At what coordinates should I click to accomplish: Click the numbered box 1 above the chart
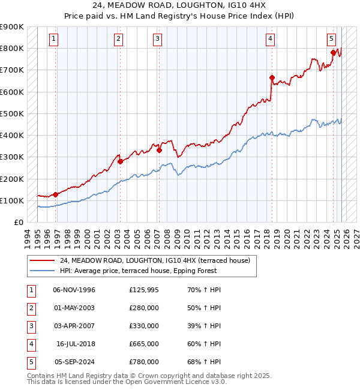[53, 39]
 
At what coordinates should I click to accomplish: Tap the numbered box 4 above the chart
[271, 39]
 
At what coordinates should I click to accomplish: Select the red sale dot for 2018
[272, 77]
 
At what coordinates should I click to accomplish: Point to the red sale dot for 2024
[333, 53]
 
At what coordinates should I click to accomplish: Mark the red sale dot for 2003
[120, 161]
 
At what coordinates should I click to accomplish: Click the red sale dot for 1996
[55, 194]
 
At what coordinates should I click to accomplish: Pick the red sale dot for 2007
[159, 151]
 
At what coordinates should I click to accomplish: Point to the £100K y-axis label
[12, 200]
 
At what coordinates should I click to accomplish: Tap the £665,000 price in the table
[144, 344]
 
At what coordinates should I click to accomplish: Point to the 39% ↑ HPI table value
[204, 326]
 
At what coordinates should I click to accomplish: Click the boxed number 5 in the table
[31, 362]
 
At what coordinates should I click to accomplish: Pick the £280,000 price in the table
[144, 308]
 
